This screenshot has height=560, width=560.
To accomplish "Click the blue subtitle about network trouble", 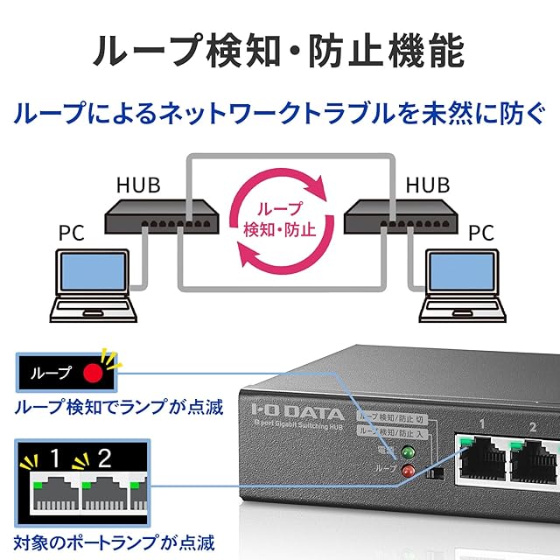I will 279,113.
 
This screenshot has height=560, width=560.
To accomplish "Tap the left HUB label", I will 140,185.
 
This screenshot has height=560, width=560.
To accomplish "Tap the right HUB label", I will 426,185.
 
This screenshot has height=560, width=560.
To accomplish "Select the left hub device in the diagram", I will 162,216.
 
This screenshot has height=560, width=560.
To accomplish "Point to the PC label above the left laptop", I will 73,234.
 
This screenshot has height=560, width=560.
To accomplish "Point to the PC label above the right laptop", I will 482,234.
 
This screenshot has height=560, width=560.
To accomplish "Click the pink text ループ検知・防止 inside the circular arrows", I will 280,222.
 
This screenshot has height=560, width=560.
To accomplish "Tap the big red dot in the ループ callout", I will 91,374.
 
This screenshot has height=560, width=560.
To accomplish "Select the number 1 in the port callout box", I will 54,458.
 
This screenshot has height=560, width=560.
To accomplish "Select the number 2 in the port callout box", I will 104,458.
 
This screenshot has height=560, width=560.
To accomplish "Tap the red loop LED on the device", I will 407,472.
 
